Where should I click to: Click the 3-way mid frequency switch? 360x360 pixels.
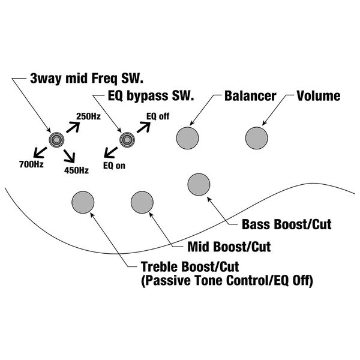pos(55,140)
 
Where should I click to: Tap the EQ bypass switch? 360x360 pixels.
pos(126,140)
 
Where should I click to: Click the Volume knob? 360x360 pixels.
pos(256,137)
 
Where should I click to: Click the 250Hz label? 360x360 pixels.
pos(88,116)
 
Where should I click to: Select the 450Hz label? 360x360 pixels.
pos(76,170)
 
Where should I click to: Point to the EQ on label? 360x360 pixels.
pos(114,164)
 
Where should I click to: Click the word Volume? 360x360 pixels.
pos(319,95)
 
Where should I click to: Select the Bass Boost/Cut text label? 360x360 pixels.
pos(286,225)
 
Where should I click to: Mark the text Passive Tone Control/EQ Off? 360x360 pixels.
pos(227,279)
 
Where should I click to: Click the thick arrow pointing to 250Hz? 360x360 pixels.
pos(72,125)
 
